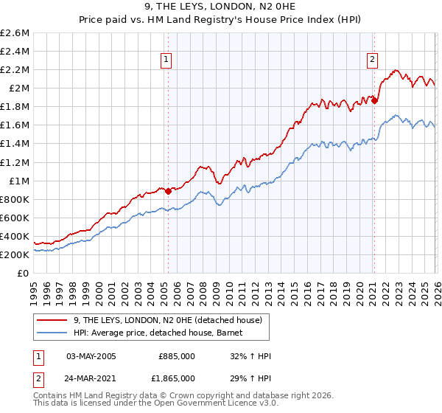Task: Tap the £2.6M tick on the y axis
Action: click(15, 33)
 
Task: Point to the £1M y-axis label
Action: click(18, 181)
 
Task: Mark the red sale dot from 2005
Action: click(168, 191)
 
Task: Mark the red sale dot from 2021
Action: click(374, 100)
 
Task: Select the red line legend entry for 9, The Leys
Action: click(172, 319)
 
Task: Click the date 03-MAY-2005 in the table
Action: click(91, 355)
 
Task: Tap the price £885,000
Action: click(177, 355)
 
